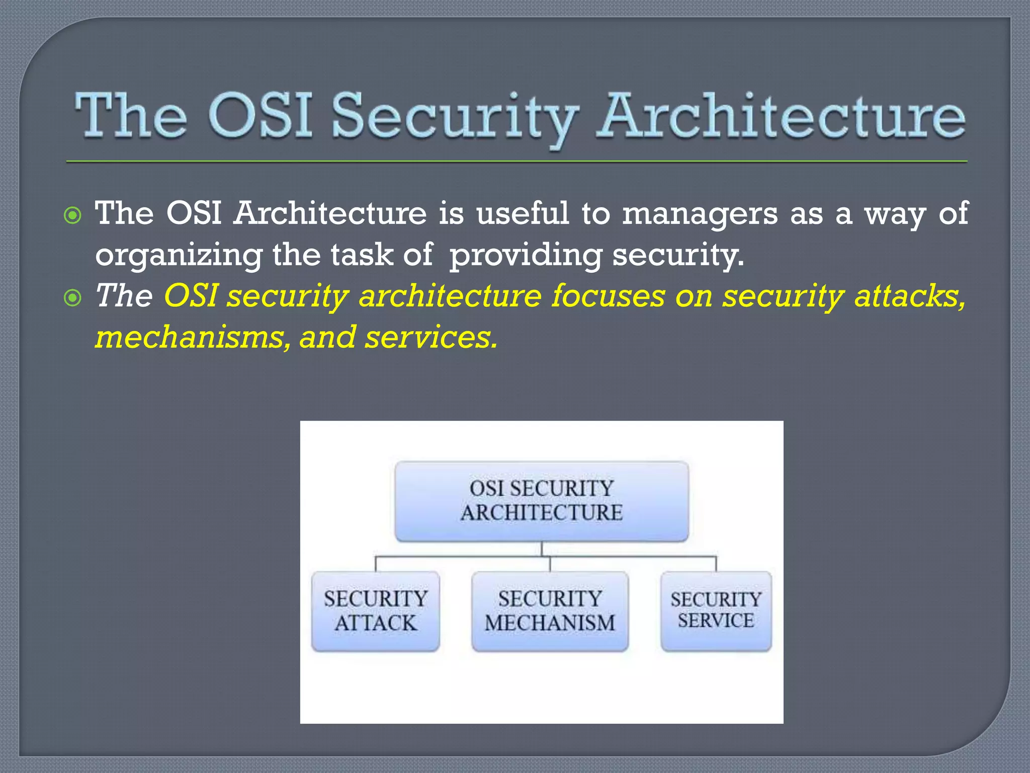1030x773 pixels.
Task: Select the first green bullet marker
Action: [x=73, y=216]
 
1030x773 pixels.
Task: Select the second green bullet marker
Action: [x=73, y=298]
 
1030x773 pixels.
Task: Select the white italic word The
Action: [x=124, y=296]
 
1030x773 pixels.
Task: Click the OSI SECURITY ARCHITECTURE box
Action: [x=542, y=501]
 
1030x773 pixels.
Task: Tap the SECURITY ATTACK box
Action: [x=375, y=611]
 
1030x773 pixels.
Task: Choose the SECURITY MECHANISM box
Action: [x=550, y=611]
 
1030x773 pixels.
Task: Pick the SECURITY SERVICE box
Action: [x=716, y=611]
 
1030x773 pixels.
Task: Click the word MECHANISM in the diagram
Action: [x=550, y=624]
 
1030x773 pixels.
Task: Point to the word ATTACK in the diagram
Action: [x=375, y=624]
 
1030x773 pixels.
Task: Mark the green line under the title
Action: [x=517, y=162]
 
